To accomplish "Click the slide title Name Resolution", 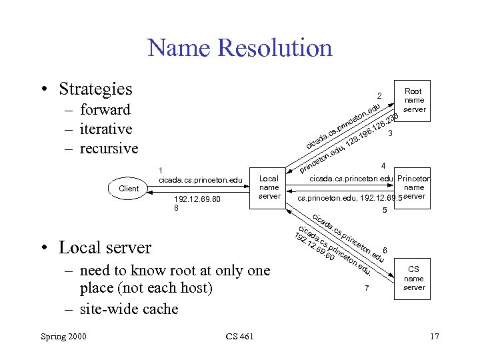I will point(239,48).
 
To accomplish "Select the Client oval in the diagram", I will point(129,189).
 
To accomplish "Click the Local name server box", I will point(269,187).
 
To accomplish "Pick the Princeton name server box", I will point(413,187).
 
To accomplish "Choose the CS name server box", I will point(413,279).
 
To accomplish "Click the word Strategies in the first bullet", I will point(95,89).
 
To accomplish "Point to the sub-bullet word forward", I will point(105,109).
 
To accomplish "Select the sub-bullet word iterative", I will point(105,129).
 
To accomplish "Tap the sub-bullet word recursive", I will point(109,147).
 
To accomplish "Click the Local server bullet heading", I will point(105,247).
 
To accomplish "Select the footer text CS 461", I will point(239,337).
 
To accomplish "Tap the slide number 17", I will point(434,337).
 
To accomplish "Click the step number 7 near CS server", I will point(366,289).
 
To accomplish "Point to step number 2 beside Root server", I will point(379,95).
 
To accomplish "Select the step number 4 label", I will point(383,165).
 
